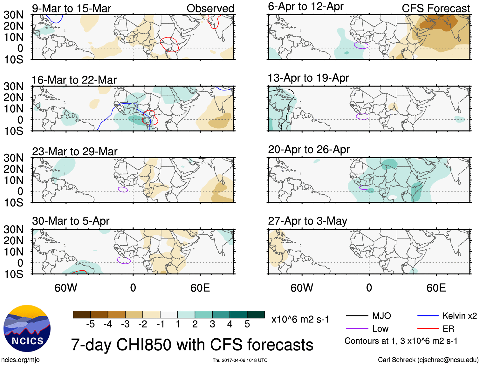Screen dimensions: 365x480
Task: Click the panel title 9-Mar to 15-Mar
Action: (x=72, y=8)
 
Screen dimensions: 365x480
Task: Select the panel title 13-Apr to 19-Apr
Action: (x=308, y=78)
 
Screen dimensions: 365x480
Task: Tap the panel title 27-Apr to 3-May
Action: (x=307, y=221)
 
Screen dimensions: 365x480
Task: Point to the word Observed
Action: (x=210, y=8)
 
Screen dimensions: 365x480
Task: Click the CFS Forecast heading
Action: (x=435, y=8)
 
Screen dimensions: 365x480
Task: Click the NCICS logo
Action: (x=27, y=328)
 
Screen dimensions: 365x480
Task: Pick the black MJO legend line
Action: (x=357, y=316)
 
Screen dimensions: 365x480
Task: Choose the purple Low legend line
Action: (x=357, y=329)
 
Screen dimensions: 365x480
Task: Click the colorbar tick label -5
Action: (x=90, y=324)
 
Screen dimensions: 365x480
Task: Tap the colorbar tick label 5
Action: (x=247, y=324)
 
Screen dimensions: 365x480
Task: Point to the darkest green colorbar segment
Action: (x=256, y=314)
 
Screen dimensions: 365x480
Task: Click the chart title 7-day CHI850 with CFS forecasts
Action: (x=192, y=345)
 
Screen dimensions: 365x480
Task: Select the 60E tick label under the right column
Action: (x=436, y=288)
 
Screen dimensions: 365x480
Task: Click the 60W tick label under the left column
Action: (x=66, y=288)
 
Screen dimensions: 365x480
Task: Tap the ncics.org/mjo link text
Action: (x=21, y=360)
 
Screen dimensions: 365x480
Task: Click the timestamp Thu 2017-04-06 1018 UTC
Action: (x=240, y=360)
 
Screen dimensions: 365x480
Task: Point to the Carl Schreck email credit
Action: (x=428, y=360)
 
